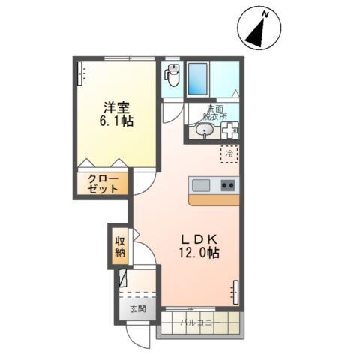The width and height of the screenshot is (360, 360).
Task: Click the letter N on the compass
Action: tap(265, 15)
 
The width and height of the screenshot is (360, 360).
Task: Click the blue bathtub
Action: tap(197, 79)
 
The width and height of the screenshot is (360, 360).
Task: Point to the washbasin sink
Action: tap(205, 131)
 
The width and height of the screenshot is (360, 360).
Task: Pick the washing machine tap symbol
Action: tap(230, 130)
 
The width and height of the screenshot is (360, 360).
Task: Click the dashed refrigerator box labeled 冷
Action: tap(229, 154)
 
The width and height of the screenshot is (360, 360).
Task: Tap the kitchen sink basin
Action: tap(201, 185)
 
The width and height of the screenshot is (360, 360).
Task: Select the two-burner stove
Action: tap(228, 185)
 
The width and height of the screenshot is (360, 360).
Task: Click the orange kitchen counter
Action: tap(214, 200)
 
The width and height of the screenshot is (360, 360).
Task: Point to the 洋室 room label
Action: tap(117, 108)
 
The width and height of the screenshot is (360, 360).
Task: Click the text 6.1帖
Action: tap(116, 121)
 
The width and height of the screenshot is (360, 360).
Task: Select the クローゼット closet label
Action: tap(103, 184)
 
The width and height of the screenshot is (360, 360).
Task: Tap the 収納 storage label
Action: tap(120, 247)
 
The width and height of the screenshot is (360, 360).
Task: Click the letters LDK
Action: tap(199, 240)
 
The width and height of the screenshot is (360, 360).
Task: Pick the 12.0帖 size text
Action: tap(199, 253)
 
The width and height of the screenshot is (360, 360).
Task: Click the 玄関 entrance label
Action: tap(138, 309)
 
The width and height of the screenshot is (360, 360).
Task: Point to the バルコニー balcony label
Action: tap(197, 322)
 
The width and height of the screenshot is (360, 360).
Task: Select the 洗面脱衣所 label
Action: tap(215, 112)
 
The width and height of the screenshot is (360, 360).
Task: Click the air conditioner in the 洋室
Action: tap(80, 73)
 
